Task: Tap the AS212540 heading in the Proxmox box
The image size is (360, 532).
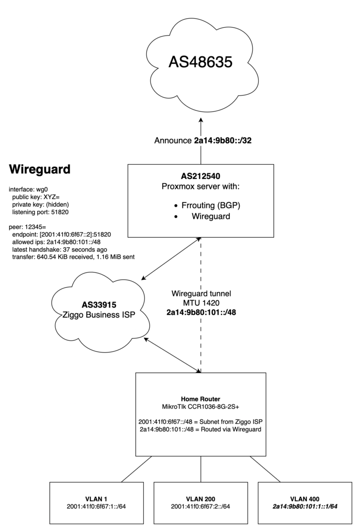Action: (x=201, y=177)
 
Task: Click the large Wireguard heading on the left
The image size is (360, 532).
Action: (x=40, y=169)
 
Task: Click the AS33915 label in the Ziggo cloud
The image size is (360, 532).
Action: (x=101, y=303)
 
